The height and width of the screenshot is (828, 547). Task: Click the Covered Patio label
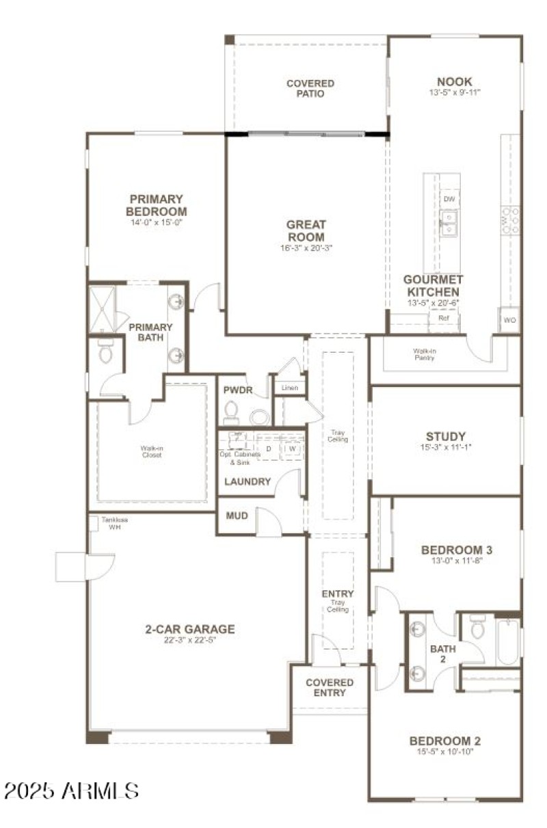(310, 88)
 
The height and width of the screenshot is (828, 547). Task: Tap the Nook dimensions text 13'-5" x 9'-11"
(455, 92)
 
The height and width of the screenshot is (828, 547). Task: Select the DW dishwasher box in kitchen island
(449, 199)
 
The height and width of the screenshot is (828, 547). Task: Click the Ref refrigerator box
(443, 318)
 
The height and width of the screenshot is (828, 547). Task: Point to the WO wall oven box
(509, 320)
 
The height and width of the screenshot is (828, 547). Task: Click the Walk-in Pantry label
(425, 354)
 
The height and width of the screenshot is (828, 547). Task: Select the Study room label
(445, 436)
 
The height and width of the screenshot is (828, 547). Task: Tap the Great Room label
(306, 230)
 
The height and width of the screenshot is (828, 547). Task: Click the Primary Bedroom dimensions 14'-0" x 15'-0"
(157, 222)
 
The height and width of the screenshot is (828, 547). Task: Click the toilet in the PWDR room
(231, 413)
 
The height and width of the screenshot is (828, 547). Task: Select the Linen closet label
(289, 388)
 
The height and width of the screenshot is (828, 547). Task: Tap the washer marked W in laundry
(291, 448)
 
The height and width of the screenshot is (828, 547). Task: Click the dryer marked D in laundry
(268, 449)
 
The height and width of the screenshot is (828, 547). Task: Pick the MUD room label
(237, 516)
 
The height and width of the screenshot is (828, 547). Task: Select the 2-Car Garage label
(189, 629)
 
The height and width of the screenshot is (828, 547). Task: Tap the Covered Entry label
(330, 687)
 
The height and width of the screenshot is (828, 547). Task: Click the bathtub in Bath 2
(508, 641)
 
